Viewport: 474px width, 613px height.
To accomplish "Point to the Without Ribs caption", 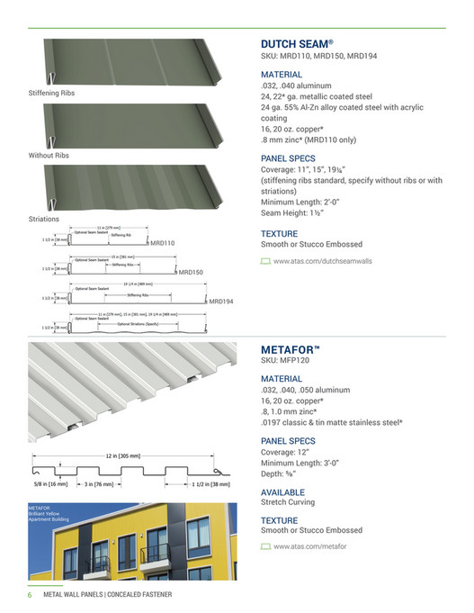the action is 49,156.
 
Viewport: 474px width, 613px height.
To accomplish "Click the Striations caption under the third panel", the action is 44,219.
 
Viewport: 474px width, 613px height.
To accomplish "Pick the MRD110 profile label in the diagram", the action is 162,243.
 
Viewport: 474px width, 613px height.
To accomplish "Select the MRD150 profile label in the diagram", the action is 191,272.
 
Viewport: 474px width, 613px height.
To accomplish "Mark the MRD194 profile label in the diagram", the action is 220,302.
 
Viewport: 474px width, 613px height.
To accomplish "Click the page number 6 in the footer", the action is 28,595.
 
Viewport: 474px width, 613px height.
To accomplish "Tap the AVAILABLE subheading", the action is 282,492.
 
